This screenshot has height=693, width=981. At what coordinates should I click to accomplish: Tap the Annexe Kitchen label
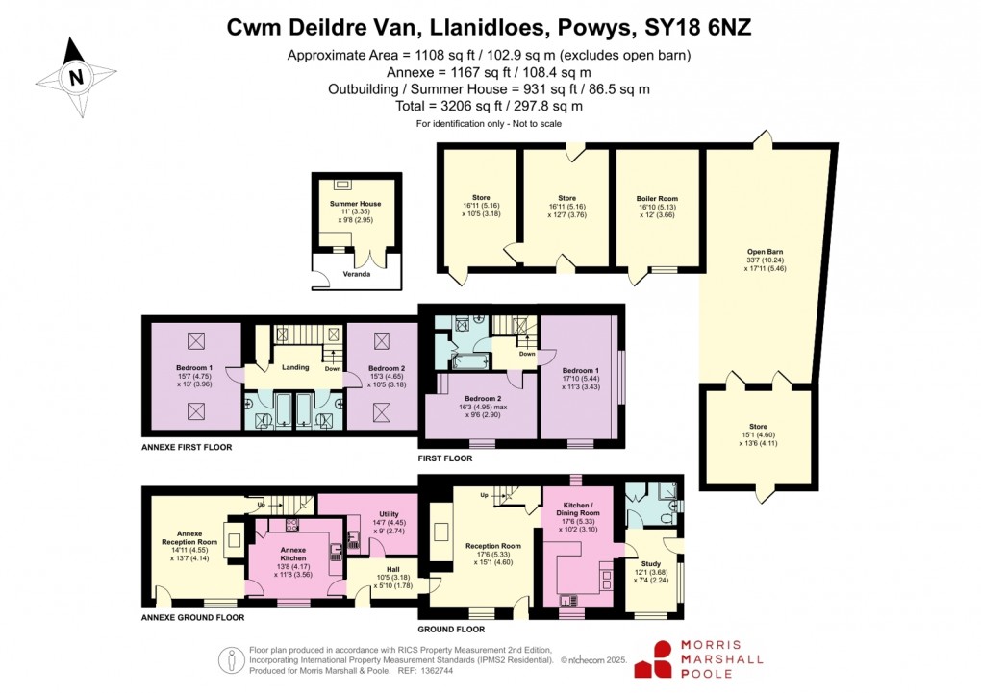coord(293,552)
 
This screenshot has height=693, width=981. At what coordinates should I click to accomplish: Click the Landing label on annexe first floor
coord(293,366)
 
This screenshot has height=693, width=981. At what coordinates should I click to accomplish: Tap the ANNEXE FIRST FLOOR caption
coord(187,447)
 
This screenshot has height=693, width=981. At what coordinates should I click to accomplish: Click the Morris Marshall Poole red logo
coord(658,659)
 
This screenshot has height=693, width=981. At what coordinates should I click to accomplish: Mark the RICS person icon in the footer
coord(232,660)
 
